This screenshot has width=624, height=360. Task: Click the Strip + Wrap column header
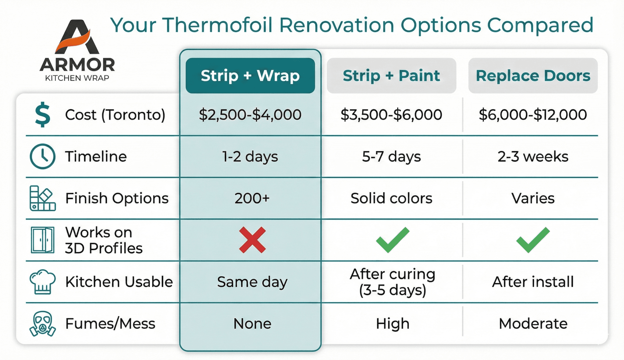pos(250,76)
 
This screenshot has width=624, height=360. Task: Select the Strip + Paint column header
pos(391,76)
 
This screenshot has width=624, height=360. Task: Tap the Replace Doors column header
pos(533,76)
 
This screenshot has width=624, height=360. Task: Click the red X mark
pos(252,240)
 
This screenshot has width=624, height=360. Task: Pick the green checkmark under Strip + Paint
pos(392,240)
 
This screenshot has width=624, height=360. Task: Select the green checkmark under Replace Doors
pos(533,240)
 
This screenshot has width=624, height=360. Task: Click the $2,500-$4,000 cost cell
pos(250,115)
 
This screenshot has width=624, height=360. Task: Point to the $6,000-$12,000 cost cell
pos(533,115)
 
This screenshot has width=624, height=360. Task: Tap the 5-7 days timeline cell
pos(391,157)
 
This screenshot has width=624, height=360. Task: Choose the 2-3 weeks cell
pos(533,157)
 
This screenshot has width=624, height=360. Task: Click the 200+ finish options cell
pos(252,198)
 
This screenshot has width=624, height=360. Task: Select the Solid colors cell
pos(391,198)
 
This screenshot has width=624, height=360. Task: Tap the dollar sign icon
pos(43,114)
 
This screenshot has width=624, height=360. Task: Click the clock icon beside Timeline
pos(43,156)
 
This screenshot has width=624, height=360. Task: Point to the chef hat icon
pos(43,282)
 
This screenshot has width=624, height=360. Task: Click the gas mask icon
pos(43,324)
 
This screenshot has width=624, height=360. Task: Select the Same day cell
pos(252,282)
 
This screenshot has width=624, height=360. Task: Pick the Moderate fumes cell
pos(533,324)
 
